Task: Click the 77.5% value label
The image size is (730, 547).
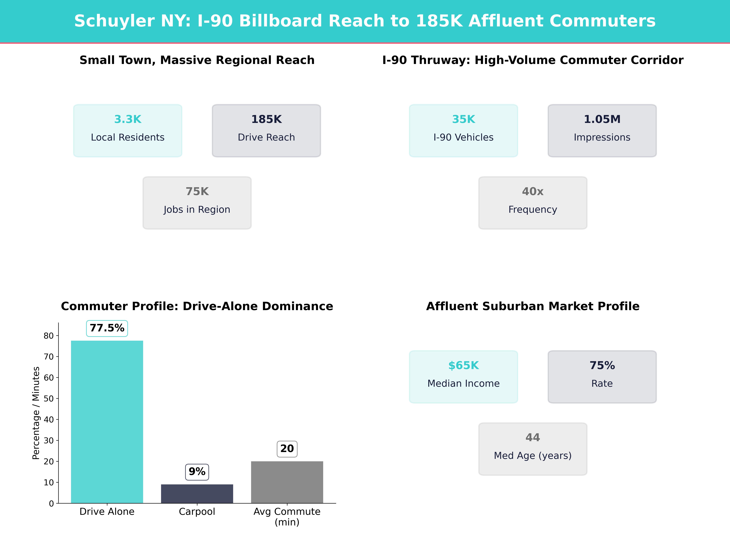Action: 107,328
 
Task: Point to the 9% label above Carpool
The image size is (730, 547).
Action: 197,471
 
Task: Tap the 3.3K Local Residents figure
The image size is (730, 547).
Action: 128,119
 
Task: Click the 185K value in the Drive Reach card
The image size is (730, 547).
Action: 266,119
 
